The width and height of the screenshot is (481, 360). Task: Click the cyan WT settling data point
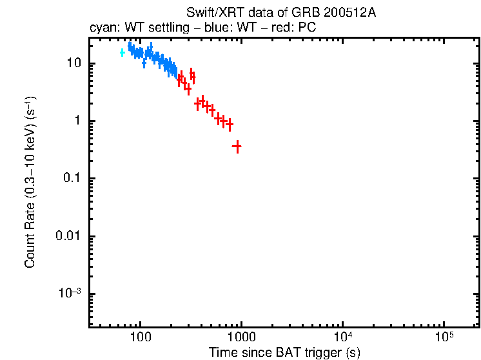point(122,52)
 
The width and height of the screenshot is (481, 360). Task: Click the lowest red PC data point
point(237,147)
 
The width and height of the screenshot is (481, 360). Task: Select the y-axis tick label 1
point(76,121)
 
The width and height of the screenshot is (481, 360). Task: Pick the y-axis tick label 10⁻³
point(70,294)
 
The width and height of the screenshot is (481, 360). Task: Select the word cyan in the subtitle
point(101,28)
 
